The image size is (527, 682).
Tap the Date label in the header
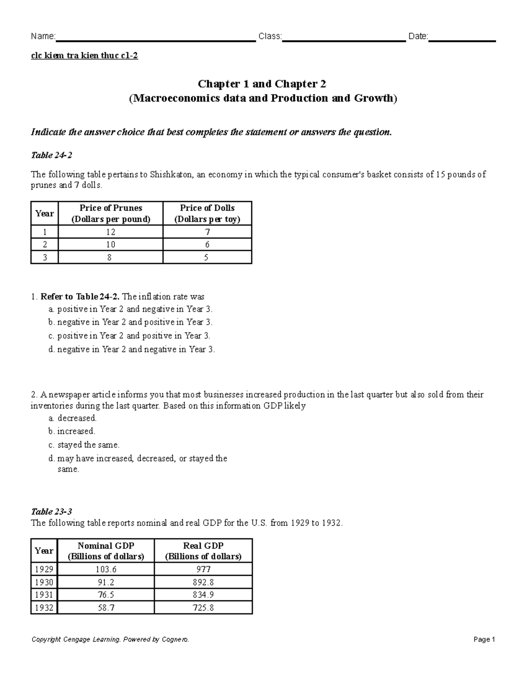click(418, 36)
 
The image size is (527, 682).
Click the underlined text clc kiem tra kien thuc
click(84, 56)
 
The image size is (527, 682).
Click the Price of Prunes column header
click(110, 213)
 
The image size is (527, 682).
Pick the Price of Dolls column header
click(207, 213)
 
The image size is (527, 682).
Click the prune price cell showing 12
click(110, 232)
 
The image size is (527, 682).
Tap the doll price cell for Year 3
click(207, 257)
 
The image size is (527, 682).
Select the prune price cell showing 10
click(110, 245)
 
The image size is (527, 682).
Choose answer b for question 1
click(130, 322)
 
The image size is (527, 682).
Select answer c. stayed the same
click(84, 445)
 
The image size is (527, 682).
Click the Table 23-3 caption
click(51, 512)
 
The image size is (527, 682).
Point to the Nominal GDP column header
click(106, 551)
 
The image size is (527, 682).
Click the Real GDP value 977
click(203, 570)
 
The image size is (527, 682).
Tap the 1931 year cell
click(44, 595)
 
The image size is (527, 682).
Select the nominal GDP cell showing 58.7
click(106, 608)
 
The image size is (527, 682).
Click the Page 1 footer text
click(484, 640)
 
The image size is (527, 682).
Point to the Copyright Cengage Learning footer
click(110, 640)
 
